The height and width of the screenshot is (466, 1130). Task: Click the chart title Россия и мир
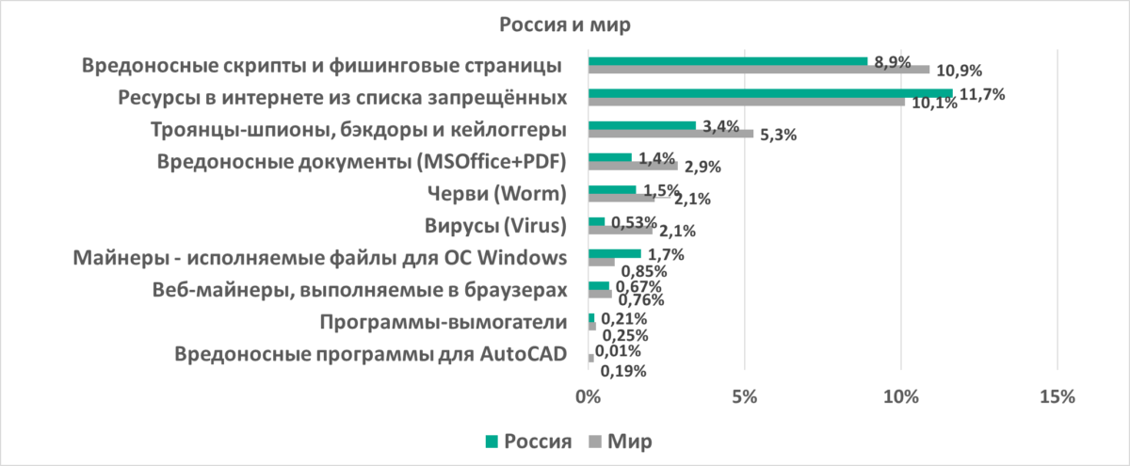564,25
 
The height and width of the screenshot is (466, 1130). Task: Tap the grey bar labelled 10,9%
759,70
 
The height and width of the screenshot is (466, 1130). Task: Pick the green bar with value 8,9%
728,61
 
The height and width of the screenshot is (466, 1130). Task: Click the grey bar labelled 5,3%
670,134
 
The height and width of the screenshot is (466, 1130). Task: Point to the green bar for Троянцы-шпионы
642,125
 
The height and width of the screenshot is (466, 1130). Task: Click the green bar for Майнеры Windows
615,253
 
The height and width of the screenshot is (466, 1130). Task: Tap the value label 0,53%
634,222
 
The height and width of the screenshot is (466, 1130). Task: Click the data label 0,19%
623,371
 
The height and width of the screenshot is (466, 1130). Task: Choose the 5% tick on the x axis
745,398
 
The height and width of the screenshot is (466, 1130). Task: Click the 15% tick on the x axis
1057,398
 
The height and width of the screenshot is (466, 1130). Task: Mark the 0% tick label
589,398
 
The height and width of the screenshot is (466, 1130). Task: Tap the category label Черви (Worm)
495,195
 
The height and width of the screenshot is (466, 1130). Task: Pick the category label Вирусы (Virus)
495,226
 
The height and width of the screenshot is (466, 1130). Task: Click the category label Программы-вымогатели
443,323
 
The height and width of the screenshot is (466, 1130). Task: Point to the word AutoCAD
523,355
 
